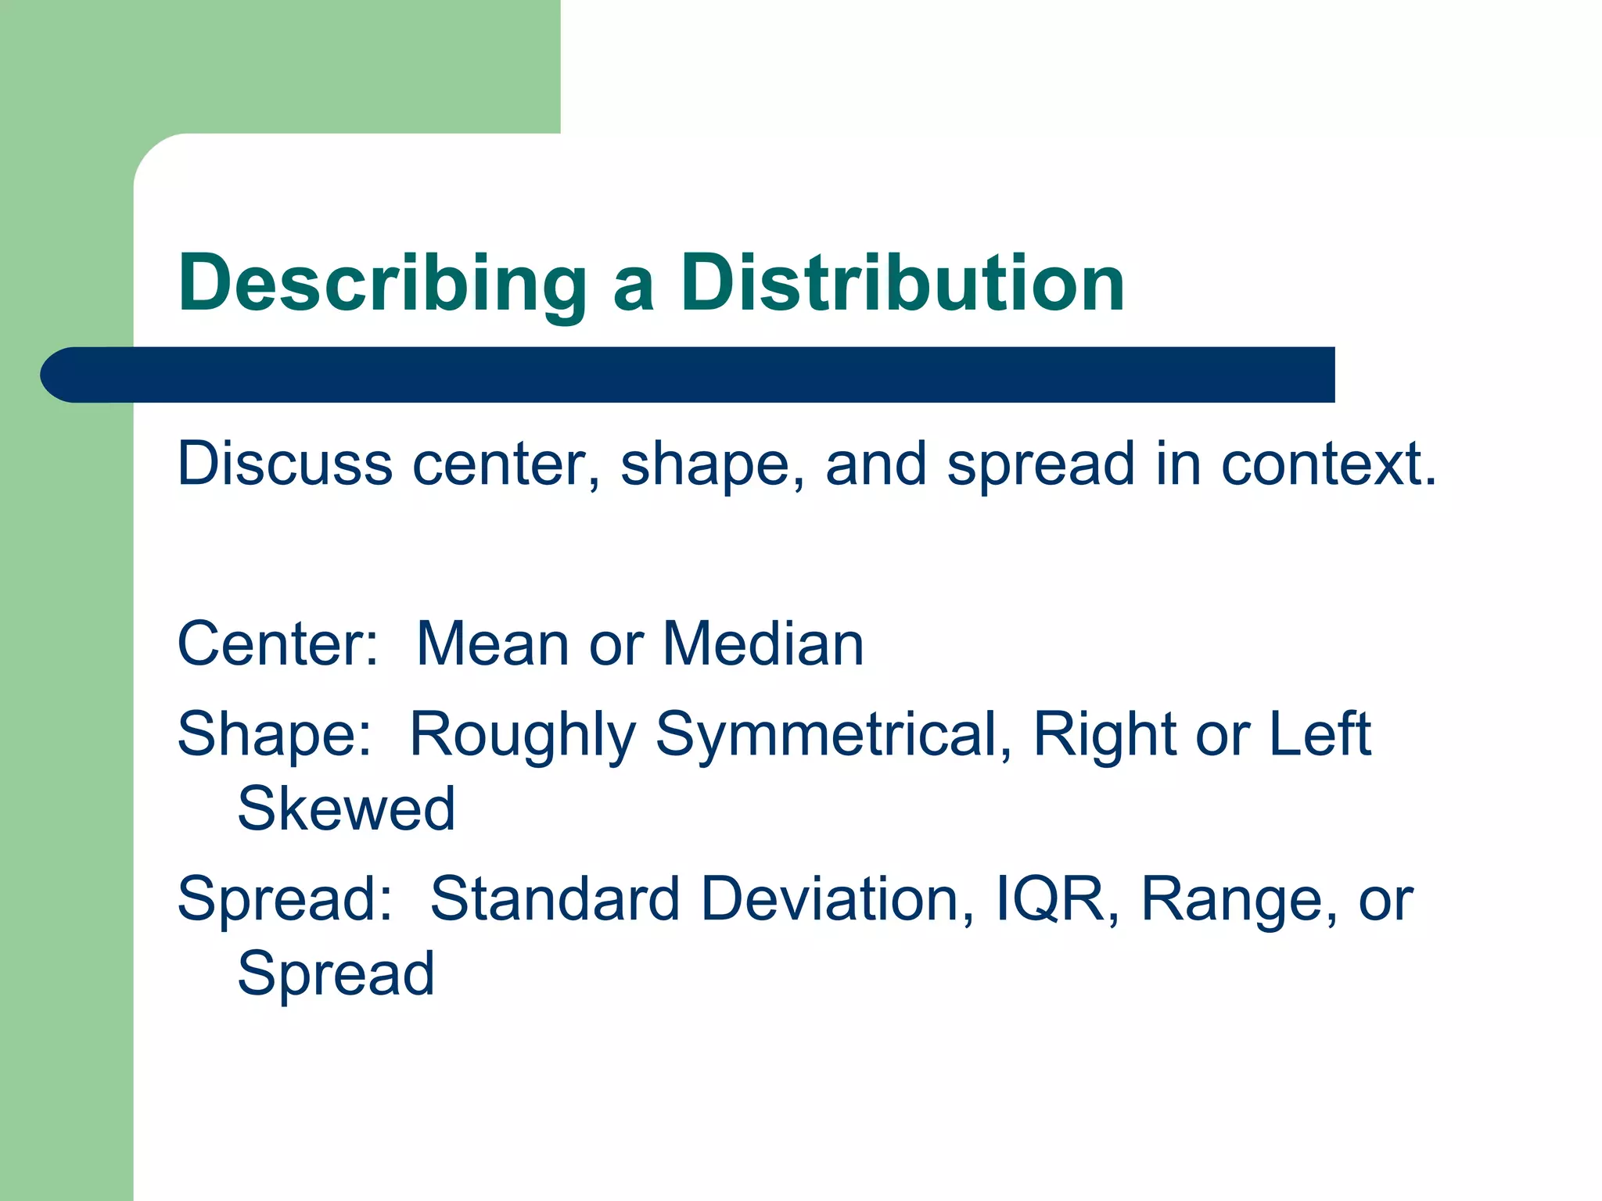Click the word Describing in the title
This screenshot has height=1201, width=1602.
point(382,284)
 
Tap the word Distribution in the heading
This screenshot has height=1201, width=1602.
point(902,284)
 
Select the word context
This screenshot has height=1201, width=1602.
point(1328,464)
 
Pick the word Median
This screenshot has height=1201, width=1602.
point(763,644)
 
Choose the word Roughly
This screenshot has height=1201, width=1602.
point(523,735)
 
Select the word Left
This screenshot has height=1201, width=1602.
point(1320,735)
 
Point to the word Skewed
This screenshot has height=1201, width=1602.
point(346,808)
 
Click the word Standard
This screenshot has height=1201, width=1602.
point(555,899)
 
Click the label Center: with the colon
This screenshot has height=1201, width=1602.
point(278,644)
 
